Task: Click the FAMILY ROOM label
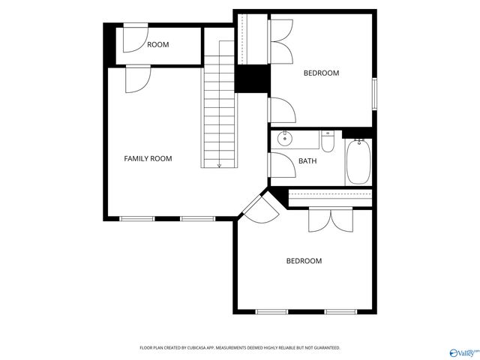tap(148, 158)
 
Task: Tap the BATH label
tap(307, 161)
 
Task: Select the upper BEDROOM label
tap(321, 73)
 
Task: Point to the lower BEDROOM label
tap(304, 261)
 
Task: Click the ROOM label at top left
tap(157, 45)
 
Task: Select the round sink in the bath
tap(285, 139)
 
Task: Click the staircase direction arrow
tap(219, 164)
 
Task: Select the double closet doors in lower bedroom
tap(330, 219)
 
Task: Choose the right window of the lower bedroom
tap(340, 311)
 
